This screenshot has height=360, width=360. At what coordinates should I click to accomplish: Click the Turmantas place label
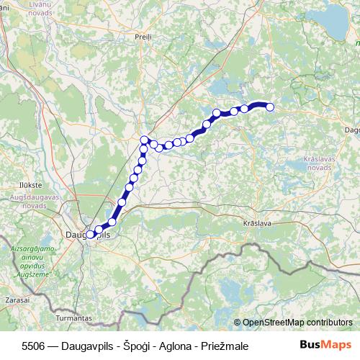(x=72, y=317)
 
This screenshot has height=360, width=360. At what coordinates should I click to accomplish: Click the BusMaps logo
(x=325, y=345)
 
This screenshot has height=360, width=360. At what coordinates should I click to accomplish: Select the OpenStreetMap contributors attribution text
(x=297, y=323)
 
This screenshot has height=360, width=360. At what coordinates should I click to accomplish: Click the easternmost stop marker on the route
(x=271, y=107)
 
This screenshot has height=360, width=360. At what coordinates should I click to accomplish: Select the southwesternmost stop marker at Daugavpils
(x=90, y=235)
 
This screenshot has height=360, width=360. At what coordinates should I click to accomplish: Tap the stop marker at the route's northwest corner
(x=145, y=140)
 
